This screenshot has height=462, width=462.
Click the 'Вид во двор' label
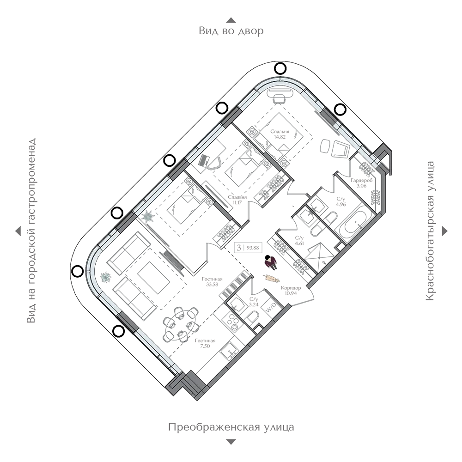(231, 30)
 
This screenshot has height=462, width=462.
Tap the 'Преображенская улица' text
(231, 427)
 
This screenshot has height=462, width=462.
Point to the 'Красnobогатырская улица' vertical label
(430, 231)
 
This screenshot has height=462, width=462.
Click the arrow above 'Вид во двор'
(231, 20)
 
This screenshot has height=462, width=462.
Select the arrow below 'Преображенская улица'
(231, 442)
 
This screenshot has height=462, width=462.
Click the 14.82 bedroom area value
(280, 137)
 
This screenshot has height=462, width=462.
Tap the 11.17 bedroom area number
(237, 202)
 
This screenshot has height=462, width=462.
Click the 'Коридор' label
(291, 288)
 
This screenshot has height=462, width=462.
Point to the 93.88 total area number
(253, 248)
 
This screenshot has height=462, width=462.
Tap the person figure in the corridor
(270, 261)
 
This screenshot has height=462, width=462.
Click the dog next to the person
(271, 278)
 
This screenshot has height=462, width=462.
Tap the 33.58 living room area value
(212, 285)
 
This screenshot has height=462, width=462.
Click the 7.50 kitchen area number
(205, 346)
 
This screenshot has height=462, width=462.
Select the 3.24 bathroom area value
(254, 304)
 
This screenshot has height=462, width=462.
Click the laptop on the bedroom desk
(204, 161)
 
